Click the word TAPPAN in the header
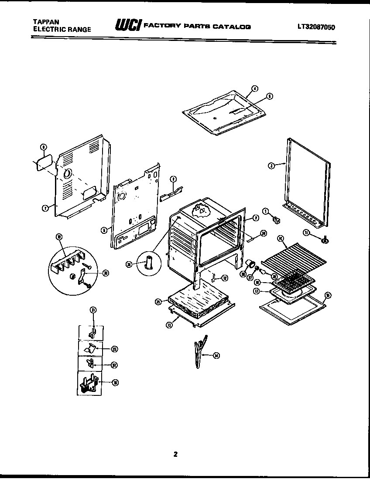coord(44,21)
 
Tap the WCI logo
coord(127,25)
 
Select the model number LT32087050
coord(316,26)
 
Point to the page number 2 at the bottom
coord(175,455)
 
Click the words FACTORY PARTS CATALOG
coord(197,26)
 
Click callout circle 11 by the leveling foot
coord(306,233)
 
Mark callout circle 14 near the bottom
coord(216,356)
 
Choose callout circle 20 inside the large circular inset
coord(106,273)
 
